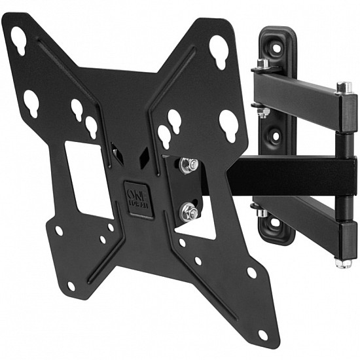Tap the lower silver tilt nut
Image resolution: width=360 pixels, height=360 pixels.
pyautogui.click(x=189, y=211)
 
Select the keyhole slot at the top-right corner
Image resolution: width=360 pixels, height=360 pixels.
pyautogui.click(x=219, y=49)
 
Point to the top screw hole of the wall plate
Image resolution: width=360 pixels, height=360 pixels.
pyautogui.click(x=275, y=48)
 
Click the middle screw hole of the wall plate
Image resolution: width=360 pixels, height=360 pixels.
pyautogui.click(x=275, y=135)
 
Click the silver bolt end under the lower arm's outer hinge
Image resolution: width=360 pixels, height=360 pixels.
pyautogui.click(x=343, y=263)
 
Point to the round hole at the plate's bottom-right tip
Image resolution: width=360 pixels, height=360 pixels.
pyautogui.click(x=262, y=334)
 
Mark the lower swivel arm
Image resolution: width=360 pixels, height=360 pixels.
pyautogui.click(x=298, y=216)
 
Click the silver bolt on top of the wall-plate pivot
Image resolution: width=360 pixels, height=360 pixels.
pyautogui.click(x=262, y=64)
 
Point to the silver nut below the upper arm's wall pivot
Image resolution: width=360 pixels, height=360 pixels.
pyautogui.click(x=262, y=113)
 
